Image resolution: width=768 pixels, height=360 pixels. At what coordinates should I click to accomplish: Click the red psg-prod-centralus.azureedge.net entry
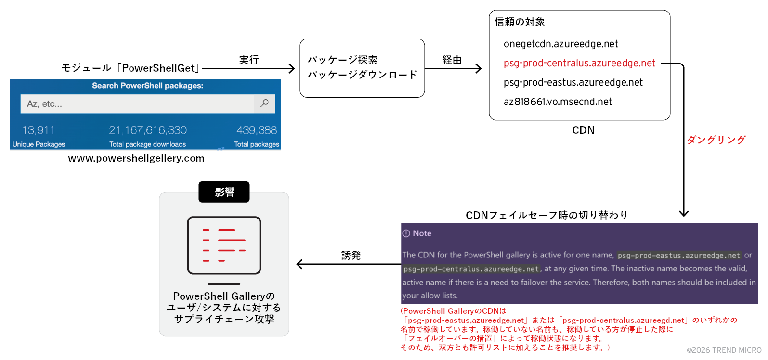tap(579, 63)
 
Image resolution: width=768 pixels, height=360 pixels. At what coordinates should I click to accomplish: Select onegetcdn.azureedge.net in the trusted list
tap(560, 44)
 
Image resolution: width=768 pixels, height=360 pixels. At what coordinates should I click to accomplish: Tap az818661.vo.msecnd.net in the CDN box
tap(558, 102)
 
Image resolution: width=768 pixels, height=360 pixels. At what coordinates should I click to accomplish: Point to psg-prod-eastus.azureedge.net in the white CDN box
tap(573, 82)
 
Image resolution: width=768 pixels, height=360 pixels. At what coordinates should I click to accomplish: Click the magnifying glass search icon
tap(264, 103)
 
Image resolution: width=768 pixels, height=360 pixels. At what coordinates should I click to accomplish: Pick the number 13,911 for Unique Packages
tap(39, 130)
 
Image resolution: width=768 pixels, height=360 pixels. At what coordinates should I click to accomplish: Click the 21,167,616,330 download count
tap(148, 130)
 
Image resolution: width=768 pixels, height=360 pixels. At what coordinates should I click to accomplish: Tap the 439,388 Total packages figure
tap(257, 130)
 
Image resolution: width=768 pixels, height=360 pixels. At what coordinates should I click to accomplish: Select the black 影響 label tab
tap(224, 192)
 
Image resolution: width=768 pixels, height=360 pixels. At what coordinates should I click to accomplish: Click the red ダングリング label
tap(716, 140)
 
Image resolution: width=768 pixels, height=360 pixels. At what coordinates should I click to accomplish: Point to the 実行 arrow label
tap(249, 60)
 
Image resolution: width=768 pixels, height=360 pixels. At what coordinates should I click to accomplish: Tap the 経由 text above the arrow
tap(452, 60)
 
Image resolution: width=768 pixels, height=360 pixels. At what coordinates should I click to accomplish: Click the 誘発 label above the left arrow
tap(351, 256)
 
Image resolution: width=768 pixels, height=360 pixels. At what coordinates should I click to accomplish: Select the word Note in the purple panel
tap(422, 233)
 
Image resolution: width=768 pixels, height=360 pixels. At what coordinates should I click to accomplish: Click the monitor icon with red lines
tap(224, 245)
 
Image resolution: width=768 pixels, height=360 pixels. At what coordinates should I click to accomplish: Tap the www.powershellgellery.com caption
tap(136, 158)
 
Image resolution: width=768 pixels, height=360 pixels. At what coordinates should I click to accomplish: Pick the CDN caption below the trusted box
tap(583, 130)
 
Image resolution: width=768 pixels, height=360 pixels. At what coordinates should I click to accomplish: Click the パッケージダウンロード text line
tap(362, 75)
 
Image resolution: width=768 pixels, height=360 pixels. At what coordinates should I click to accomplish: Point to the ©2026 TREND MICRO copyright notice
tap(724, 350)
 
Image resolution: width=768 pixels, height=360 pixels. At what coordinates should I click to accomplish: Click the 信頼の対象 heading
tap(520, 22)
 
